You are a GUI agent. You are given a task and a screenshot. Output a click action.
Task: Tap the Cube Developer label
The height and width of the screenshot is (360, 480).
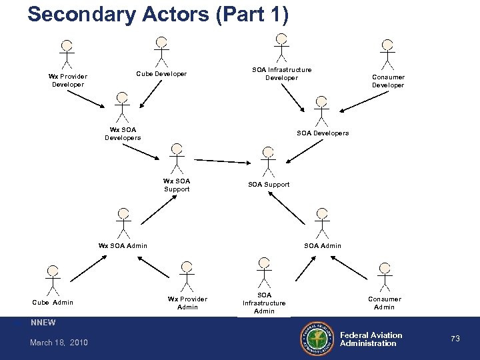[161, 73]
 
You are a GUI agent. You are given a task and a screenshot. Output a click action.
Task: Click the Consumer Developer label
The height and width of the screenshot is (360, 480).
[387, 81]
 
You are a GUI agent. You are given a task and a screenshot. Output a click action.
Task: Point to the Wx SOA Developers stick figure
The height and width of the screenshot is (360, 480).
[121, 107]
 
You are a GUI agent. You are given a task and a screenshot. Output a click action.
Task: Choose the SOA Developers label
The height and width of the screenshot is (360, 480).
[323, 133]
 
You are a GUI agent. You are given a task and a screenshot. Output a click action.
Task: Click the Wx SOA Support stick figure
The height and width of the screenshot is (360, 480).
[176, 157]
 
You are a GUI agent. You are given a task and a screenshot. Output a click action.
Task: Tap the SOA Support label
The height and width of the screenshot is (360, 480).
[269, 184]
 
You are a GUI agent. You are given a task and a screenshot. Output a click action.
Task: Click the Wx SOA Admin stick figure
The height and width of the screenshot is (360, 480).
[122, 221]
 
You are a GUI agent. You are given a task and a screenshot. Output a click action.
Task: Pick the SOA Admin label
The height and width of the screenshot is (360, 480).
[323, 246]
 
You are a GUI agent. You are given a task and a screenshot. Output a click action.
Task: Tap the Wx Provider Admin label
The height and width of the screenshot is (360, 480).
[188, 303]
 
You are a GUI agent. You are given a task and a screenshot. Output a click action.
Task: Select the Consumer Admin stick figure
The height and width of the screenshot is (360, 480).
[384, 277]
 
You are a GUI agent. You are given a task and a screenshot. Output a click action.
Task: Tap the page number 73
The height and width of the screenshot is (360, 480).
[455, 339]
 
